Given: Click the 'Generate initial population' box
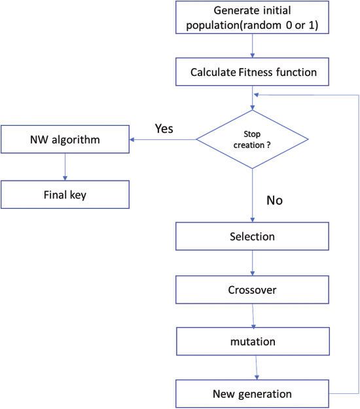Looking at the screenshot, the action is [252, 18].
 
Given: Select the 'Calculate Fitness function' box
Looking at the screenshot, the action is [252, 72].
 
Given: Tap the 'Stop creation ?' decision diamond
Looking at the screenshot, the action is [252, 139].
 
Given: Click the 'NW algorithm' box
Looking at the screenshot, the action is [65, 139].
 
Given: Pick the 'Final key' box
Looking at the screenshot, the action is [65, 194].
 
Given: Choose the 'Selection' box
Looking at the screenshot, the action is [252, 236].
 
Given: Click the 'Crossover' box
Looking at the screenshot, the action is [252, 290].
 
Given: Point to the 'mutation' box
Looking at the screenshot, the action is [253, 342].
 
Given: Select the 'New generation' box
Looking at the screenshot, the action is [252, 394].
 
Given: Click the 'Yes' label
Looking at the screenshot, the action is [164, 129].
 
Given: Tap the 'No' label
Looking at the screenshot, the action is [274, 200].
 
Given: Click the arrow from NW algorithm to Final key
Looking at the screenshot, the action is [65, 167].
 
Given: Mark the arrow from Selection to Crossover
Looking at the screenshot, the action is [252, 263].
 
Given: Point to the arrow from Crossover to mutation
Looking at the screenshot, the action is [253, 315].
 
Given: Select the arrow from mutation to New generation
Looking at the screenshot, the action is [257, 368].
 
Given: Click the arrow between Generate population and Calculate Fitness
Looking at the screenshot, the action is [252, 46].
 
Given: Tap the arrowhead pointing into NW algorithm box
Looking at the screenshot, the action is [132, 139].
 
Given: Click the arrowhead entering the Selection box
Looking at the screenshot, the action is [252, 220].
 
